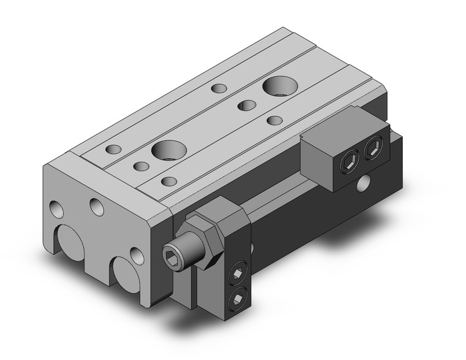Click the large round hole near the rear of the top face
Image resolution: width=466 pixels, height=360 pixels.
point(280,86)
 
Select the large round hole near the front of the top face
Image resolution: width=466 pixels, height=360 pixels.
point(168,149)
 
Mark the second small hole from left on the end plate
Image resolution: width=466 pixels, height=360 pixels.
point(97,207)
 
